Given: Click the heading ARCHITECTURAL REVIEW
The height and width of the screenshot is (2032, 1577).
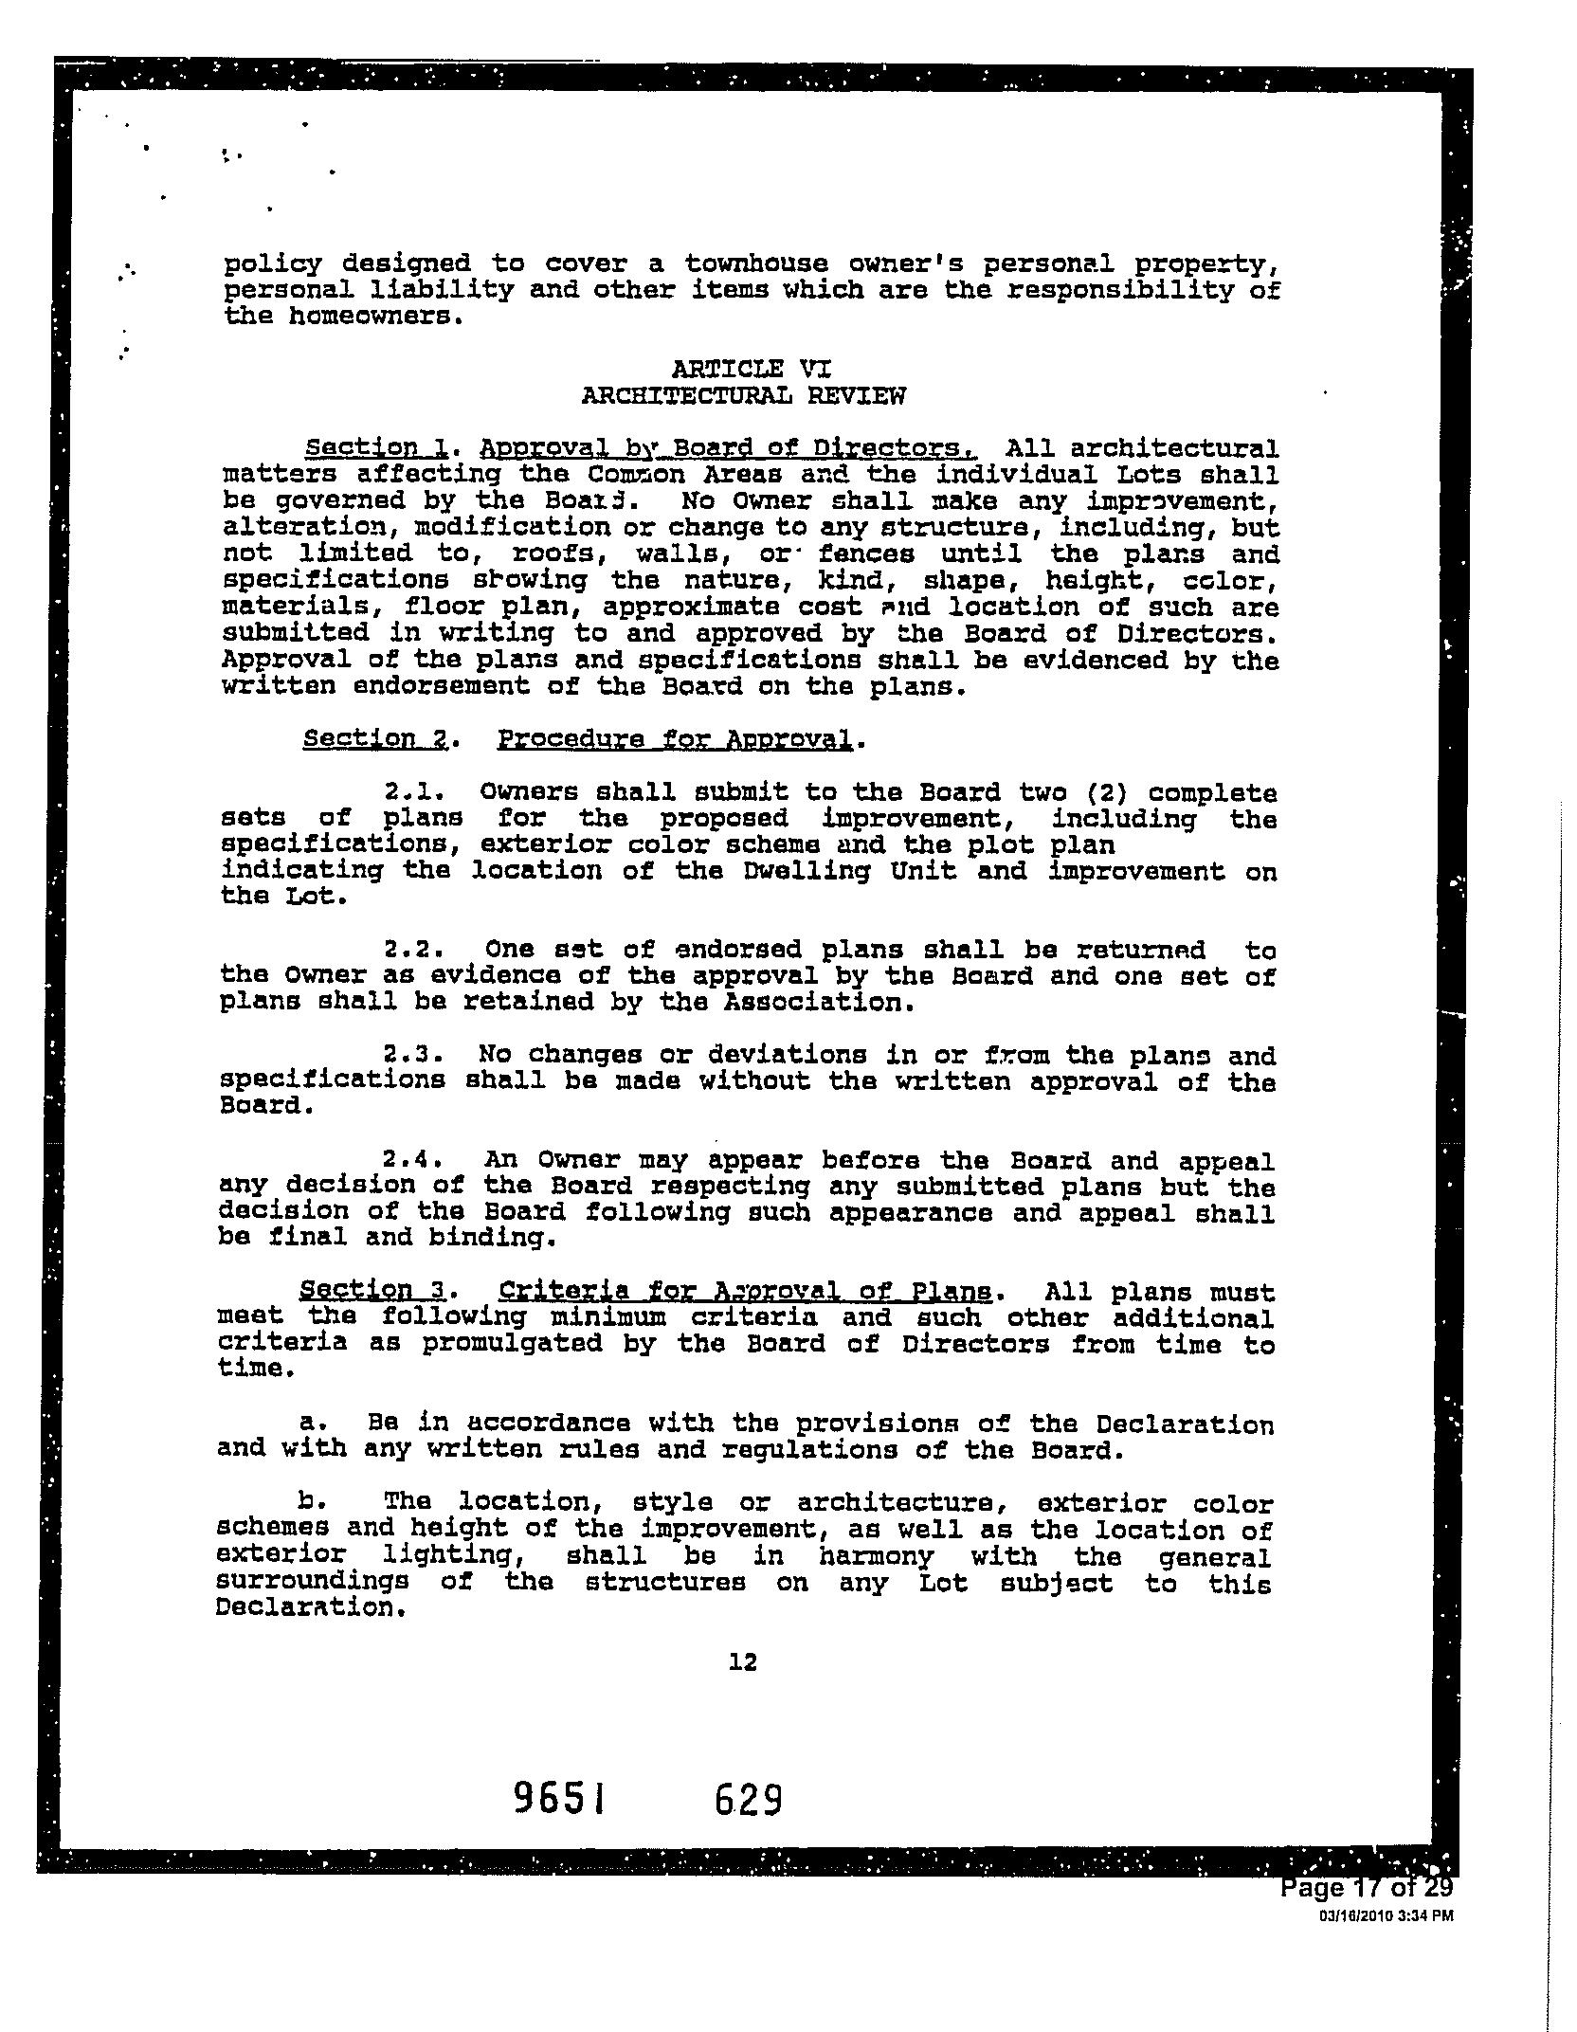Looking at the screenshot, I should pyautogui.click(x=743, y=396).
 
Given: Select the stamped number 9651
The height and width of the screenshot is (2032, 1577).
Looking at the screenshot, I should pyautogui.click(x=558, y=1798).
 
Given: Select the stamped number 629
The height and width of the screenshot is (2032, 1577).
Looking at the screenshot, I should pyautogui.click(x=748, y=1798).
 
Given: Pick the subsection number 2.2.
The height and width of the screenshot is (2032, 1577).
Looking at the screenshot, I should pyautogui.click(x=408, y=950).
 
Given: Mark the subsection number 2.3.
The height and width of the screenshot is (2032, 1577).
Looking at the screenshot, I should pyautogui.click(x=408, y=1055).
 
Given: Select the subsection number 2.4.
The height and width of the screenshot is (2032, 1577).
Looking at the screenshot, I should pyautogui.click(x=408, y=1160).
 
